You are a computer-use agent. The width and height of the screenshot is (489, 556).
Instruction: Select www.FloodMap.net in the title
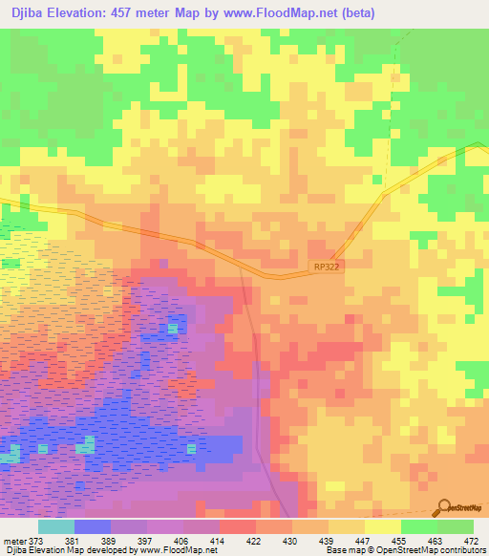pyautogui.click(x=286, y=13)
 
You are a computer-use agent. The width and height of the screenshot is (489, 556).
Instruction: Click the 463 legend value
pyautogui.click(x=436, y=540)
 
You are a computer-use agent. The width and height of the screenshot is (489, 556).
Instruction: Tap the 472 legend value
pyautogui.click(x=472, y=540)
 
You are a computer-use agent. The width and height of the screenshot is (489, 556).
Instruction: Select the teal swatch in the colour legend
pyautogui.click(x=55, y=526)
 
